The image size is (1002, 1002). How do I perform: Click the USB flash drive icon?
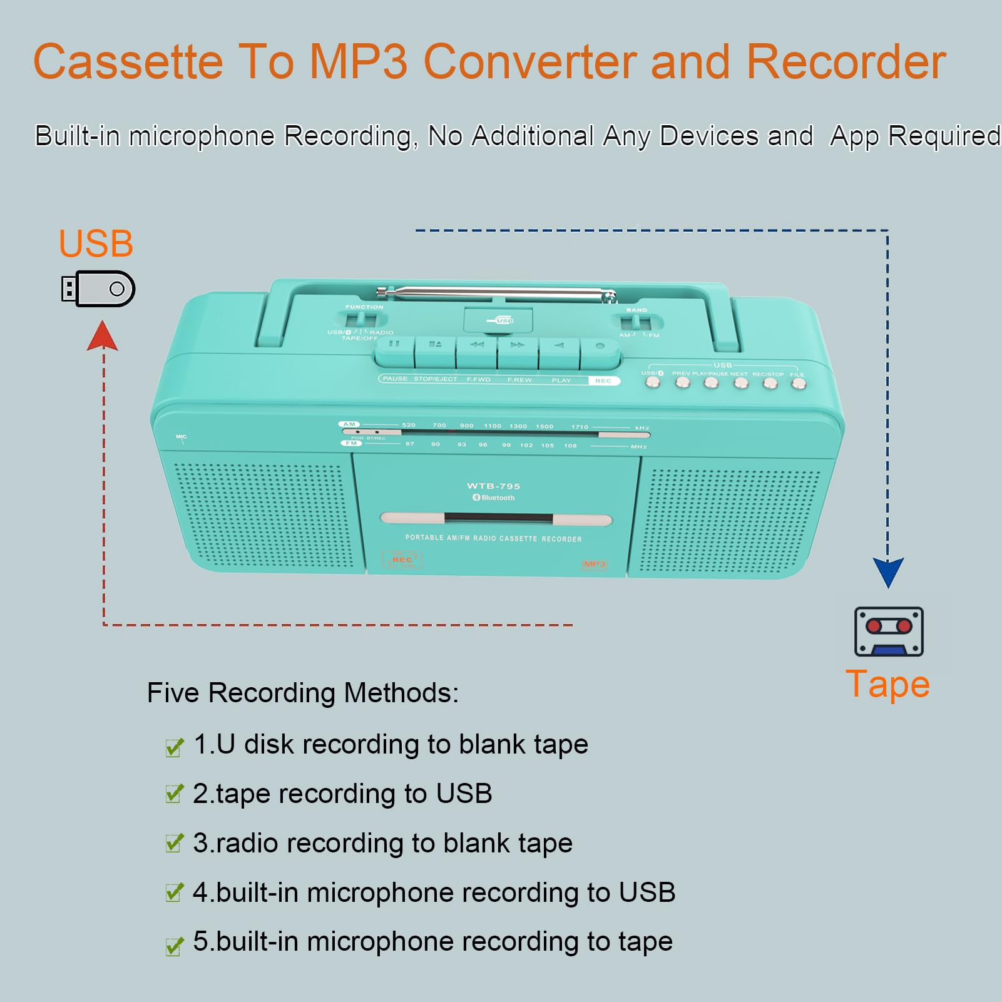pos(98,289)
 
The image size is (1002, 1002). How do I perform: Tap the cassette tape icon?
pos(889,631)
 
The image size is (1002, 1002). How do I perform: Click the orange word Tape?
pos(887,684)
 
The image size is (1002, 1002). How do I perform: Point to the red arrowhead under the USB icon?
pos(103,336)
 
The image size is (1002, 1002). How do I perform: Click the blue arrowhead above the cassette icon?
pos(888,571)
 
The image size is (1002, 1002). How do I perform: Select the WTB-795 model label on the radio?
pos(493,486)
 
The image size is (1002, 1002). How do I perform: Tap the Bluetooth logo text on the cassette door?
pos(494,498)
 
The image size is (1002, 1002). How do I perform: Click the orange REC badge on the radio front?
pos(402,560)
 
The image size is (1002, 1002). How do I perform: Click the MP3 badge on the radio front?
pos(595,565)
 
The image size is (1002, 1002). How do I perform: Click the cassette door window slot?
pos(498,519)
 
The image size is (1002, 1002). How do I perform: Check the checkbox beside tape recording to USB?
pos(174,794)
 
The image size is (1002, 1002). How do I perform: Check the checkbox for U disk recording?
pos(174,747)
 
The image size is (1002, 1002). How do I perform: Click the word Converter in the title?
pos(531,62)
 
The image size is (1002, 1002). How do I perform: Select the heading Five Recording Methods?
pos(303,693)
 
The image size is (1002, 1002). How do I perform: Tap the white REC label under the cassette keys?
pos(603,381)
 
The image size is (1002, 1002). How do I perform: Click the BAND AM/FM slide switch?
pos(636,324)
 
